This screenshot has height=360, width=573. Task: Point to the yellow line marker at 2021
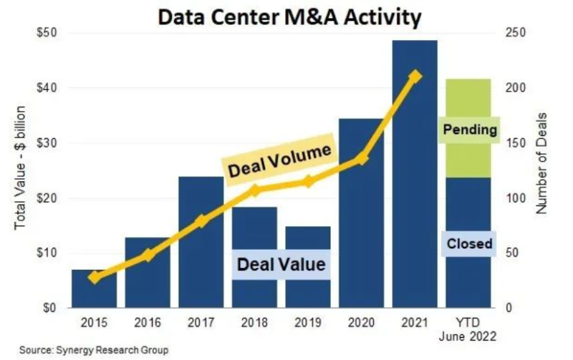415,77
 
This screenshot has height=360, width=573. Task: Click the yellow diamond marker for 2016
148,255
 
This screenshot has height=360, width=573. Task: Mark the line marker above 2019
309,182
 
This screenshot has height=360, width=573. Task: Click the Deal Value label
280,264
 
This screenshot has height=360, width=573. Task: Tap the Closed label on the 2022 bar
469,244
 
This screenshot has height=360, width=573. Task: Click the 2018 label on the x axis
255,323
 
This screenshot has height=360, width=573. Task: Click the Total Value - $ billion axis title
21,169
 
